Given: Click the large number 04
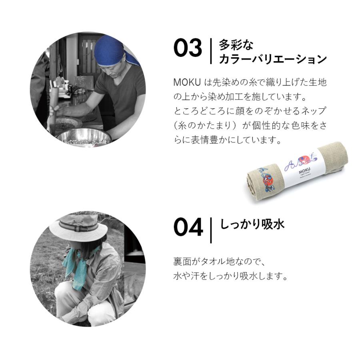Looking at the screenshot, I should [188, 228].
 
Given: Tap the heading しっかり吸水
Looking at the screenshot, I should [252, 224].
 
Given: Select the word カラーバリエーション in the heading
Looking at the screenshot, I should [273, 60].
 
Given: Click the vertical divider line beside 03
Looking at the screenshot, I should [211, 51].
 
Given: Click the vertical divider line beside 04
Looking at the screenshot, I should [211, 230].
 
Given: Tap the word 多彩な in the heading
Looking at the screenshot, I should [236, 44].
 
